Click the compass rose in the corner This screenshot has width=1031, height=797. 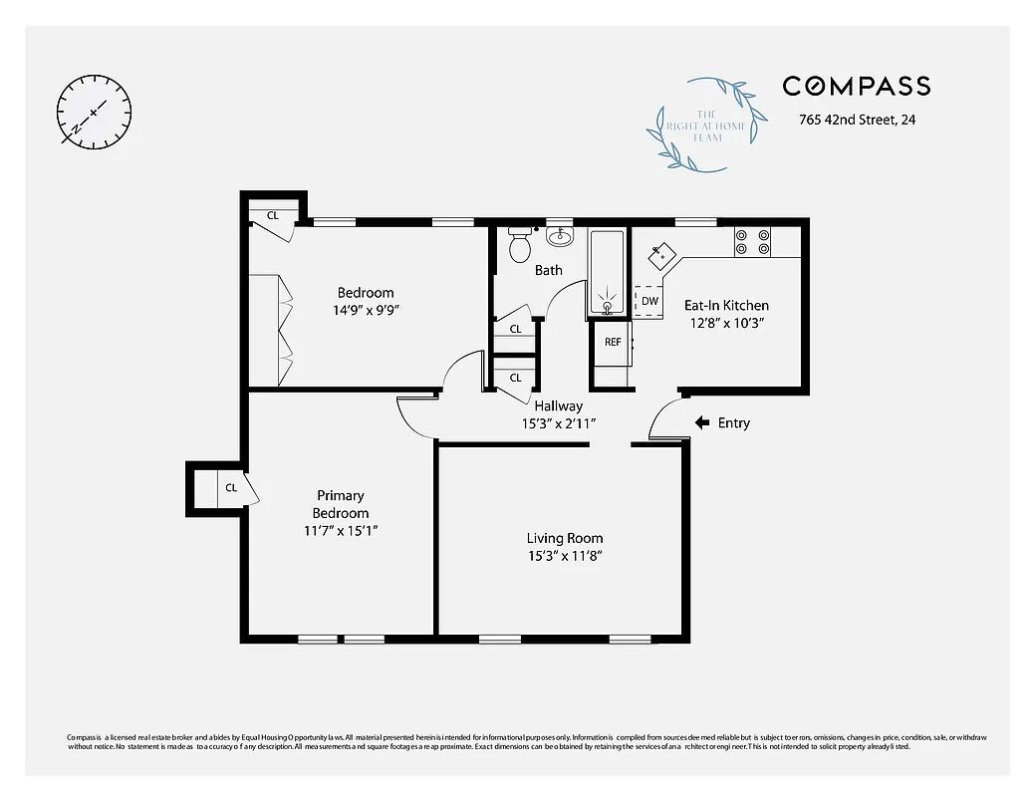pyautogui.click(x=95, y=111)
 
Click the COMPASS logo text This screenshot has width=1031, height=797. pyautogui.click(x=856, y=87)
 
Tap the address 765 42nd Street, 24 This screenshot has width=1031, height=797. pyautogui.click(x=857, y=121)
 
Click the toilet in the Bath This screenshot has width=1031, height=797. pyautogui.click(x=519, y=245)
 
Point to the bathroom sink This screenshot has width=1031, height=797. pyautogui.click(x=560, y=235)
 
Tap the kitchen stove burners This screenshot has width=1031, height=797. pyautogui.click(x=752, y=241)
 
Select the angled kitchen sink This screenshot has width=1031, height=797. pyautogui.click(x=660, y=257)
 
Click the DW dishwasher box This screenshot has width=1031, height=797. pyautogui.click(x=649, y=301)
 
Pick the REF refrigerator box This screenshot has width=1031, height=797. pyautogui.click(x=613, y=342)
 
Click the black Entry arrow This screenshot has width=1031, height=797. pyautogui.click(x=702, y=422)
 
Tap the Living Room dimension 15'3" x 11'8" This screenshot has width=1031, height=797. pyautogui.click(x=565, y=556)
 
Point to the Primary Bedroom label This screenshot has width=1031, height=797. pyautogui.click(x=341, y=504)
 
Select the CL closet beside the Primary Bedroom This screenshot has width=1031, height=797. pyautogui.click(x=231, y=487)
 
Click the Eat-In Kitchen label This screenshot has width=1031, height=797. pyautogui.click(x=726, y=305)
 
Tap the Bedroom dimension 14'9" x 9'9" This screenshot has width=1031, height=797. pyautogui.click(x=366, y=310)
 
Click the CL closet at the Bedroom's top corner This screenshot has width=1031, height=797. pyautogui.click(x=272, y=215)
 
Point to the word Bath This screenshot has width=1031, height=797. pyautogui.click(x=548, y=270)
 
